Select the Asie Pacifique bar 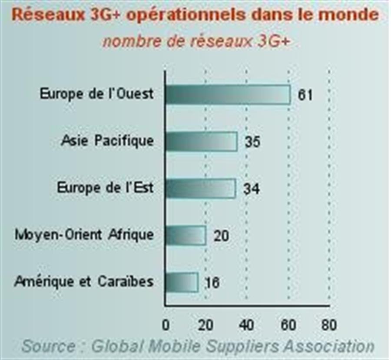click(201, 141)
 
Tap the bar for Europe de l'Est click(200, 189)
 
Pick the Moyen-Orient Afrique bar click(186, 235)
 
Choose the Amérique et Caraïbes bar click(182, 282)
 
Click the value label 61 click(305, 95)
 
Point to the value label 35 click(252, 142)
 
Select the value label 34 click(251, 189)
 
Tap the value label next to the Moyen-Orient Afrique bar click(221, 236)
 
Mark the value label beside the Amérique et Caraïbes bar click(212, 283)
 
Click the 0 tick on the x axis click(166, 325)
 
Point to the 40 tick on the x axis click(246, 325)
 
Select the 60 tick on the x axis click(288, 325)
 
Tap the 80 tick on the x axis click(328, 325)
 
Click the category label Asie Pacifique click(107, 141)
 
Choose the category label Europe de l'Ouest click(96, 94)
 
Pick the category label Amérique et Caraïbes click(84, 282)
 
